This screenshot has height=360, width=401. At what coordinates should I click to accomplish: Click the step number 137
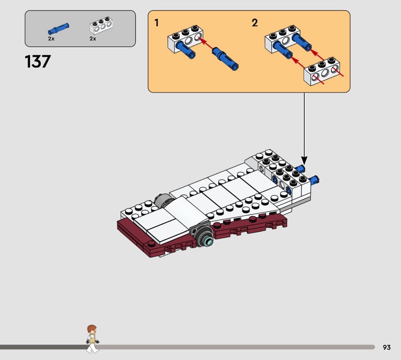(x=38, y=62)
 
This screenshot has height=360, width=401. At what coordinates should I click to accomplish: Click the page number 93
(x=386, y=347)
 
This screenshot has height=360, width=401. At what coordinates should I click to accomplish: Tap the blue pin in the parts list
(x=58, y=28)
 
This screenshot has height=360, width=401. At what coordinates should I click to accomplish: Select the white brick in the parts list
(x=100, y=27)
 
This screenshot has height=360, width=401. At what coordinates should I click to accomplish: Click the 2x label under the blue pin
(x=51, y=39)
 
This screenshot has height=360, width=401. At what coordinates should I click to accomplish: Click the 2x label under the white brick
(x=93, y=39)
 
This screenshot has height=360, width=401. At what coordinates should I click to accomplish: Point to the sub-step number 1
(x=157, y=23)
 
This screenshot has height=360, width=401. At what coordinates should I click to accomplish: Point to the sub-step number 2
(x=255, y=23)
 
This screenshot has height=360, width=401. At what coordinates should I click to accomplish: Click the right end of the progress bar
(x=373, y=347)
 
